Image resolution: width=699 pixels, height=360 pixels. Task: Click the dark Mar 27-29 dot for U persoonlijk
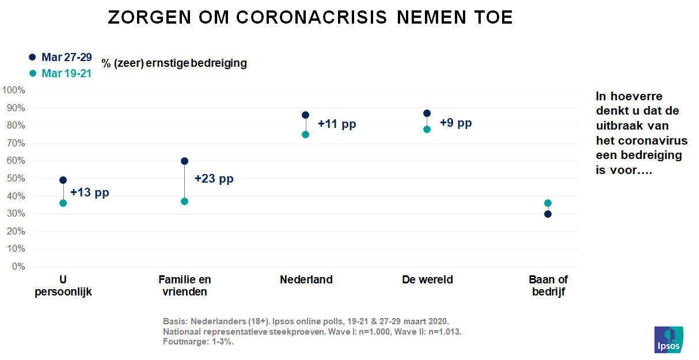[63, 180]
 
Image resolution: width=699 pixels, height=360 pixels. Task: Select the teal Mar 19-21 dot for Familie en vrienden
[184, 201]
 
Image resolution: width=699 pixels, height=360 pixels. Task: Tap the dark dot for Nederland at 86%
[305, 115]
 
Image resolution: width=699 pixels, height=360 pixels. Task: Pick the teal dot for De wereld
[427, 129]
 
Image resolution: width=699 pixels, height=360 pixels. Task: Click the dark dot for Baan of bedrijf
[548, 214]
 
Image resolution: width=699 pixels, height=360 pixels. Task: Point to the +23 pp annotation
[214, 179]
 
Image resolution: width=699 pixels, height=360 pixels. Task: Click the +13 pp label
[89, 192]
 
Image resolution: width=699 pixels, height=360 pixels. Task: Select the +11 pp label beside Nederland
[337, 124]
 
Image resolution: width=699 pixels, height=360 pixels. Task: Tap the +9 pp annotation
[455, 123]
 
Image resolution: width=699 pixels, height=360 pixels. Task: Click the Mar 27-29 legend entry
[60, 57]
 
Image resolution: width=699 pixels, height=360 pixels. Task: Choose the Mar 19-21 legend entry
[60, 73]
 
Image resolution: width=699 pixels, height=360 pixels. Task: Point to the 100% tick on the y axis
[13, 90]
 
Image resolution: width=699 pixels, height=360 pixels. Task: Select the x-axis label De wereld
[427, 280]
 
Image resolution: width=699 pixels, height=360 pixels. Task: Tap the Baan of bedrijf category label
[548, 286]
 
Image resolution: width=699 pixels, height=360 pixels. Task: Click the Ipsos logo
[668, 340]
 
